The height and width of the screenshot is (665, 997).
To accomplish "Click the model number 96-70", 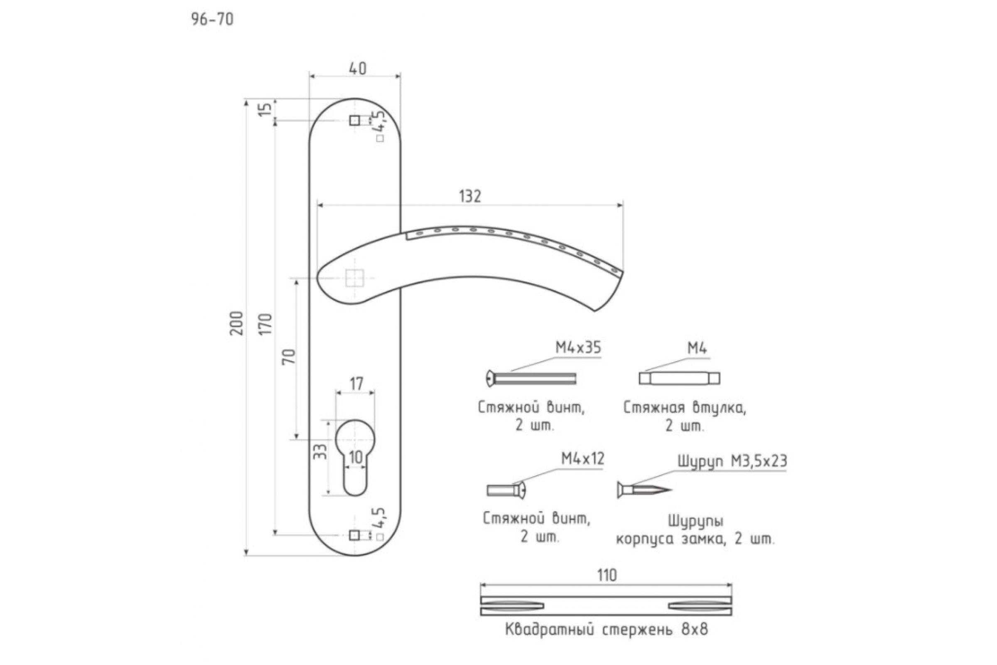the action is pos(212,20).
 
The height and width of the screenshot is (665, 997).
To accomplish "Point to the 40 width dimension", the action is pos(358,68).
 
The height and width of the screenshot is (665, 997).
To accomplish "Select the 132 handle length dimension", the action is pos(470,196).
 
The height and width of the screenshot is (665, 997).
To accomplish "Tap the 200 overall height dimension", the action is pos(237,323).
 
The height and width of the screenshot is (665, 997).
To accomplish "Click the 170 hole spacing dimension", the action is pos(265,324).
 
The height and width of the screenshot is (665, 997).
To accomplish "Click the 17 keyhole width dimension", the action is pos(356,384).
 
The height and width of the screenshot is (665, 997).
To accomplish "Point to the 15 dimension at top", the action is pos(265,109).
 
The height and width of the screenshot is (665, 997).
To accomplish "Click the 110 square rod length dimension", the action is pos(607,576).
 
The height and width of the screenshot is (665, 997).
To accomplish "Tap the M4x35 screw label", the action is pos(578,348).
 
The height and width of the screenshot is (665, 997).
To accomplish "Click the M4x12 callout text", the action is pos(582,458).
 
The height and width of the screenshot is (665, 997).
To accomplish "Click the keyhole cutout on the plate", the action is pos(355,457).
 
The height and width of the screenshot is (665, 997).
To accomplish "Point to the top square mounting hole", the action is pos(355,121).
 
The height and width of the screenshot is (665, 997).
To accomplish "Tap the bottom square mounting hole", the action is pos(354,535).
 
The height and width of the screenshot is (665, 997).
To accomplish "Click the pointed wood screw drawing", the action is pos(644,490).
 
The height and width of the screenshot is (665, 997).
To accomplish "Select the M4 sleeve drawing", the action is pos(679,378).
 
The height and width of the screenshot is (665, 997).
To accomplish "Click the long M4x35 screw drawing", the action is pos(531,378).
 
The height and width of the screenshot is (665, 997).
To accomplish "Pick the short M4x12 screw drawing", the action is pos(506,490).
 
